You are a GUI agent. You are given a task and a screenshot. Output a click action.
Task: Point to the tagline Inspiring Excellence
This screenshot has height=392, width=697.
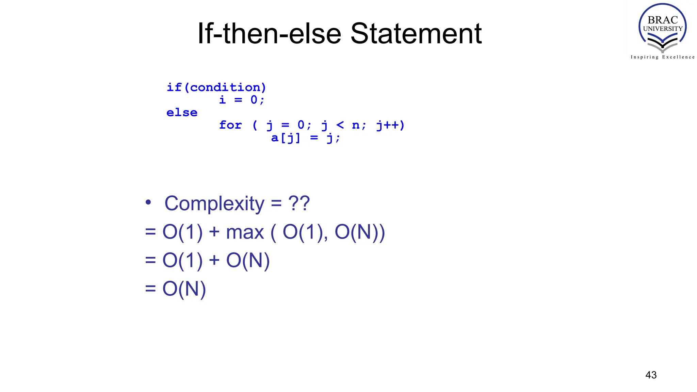(x=662, y=57)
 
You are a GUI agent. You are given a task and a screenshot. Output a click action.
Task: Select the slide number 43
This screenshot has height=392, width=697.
(x=651, y=375)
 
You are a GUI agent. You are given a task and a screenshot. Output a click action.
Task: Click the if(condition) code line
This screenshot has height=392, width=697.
(x=216, y=87)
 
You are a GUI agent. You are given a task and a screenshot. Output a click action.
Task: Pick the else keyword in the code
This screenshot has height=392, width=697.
(x=182, y=113)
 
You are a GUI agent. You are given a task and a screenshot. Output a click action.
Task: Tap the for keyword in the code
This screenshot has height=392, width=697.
(x=230, y=125)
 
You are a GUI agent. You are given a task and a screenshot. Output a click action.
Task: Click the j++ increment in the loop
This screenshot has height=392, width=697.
(x=390, y=125)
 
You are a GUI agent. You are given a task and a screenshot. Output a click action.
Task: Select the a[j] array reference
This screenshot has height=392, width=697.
(x=286, y=138)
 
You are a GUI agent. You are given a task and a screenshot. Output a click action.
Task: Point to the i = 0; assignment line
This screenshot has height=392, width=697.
(x=242, y=100)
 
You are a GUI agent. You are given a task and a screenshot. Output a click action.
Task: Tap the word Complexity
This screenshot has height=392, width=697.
(x=214, y=203)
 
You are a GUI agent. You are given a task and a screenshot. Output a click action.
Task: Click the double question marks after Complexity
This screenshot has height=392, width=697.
(x=299, y=203)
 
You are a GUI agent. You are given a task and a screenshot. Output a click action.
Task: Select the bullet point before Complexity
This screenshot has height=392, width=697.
(x=148, y=202)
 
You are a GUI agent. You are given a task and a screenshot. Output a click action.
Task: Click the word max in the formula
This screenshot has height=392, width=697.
(x=245, y=232)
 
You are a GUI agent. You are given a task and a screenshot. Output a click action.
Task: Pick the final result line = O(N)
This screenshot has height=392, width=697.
(x=176, y=289)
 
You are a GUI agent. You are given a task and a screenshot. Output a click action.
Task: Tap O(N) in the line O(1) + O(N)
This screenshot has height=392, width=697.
(x=248, y=261)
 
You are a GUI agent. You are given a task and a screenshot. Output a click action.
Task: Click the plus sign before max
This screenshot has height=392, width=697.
(x=214, y=232)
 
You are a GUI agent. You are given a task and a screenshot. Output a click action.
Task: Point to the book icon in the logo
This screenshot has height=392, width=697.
(x=662, y=44)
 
